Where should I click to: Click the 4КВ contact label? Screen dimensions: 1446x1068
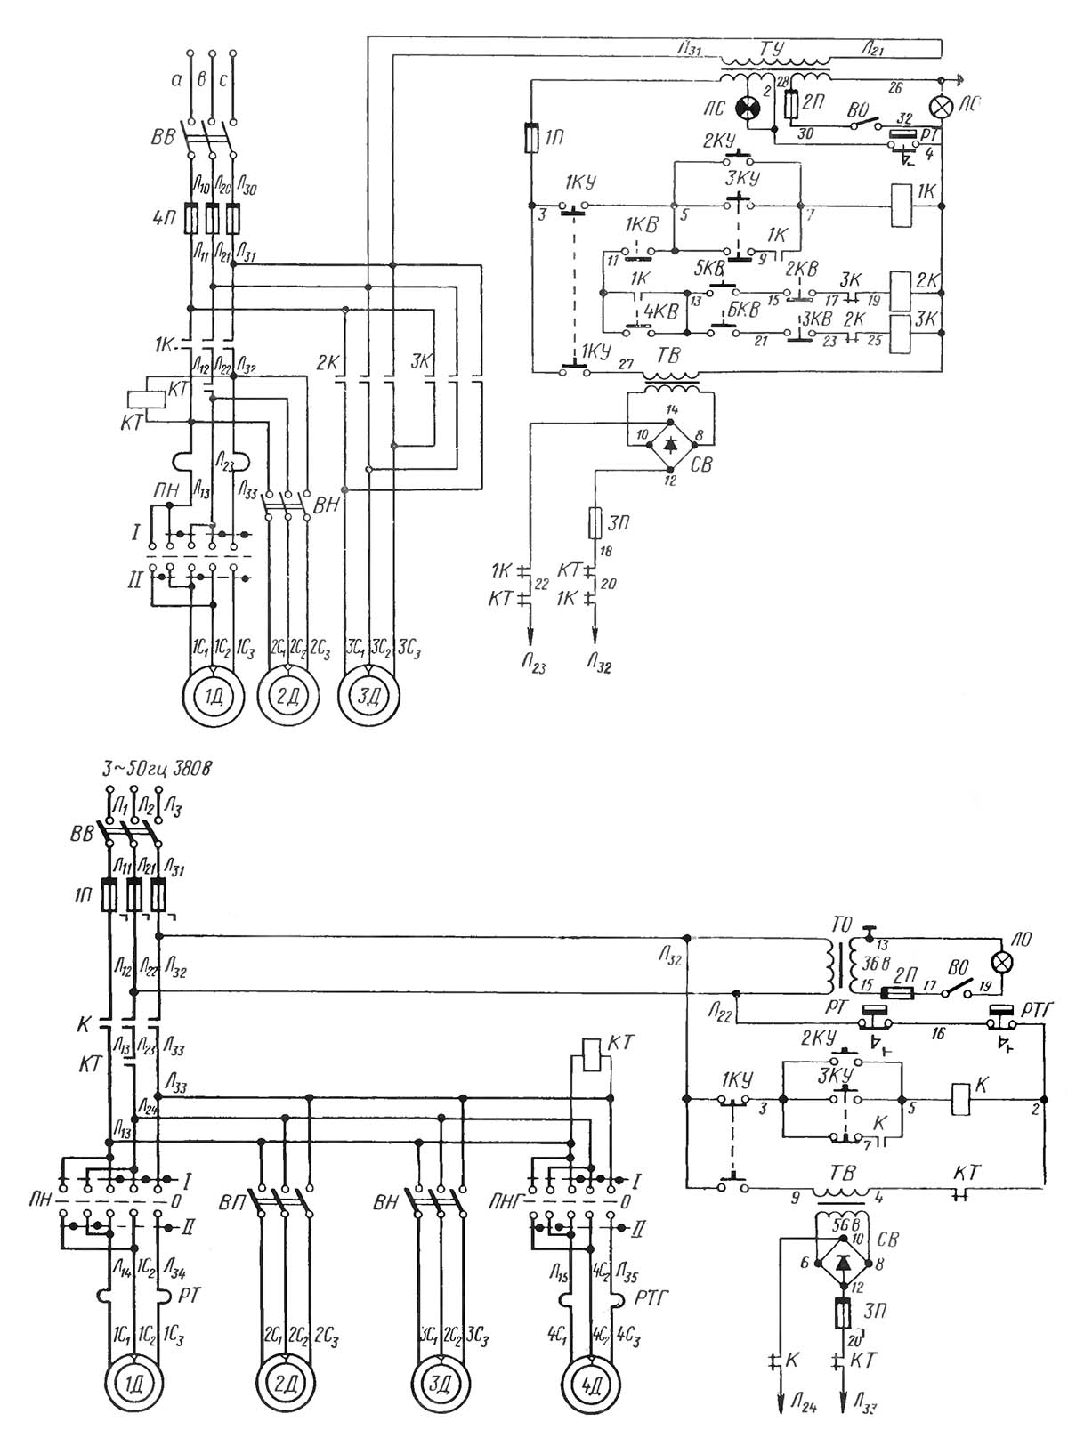click(x=661, y=311)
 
